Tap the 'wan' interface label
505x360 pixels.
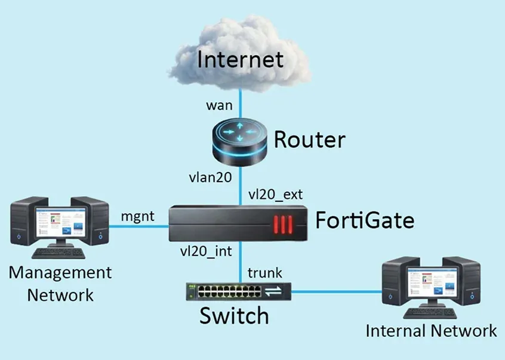click(x=219, y=106)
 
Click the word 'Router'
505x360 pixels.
click(x=309, y=140)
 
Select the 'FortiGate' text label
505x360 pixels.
click(x=364, y=220)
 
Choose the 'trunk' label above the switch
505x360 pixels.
click(x=264, y=273)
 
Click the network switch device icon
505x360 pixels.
click(x=239, y=292)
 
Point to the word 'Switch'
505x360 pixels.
click(x=233, y=316)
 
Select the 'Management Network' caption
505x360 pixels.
click(x=60, y=284)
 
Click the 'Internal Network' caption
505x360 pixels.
click(x=431, y=331)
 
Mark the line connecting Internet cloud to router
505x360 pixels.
click(x=240, y=101)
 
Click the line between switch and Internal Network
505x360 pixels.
click(x=337, y=292)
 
